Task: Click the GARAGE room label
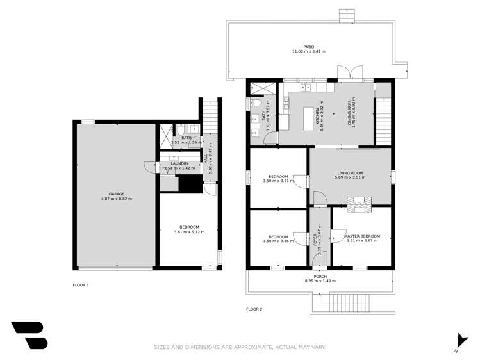click(x=116, y=194)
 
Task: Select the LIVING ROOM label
click(x=350, y=172)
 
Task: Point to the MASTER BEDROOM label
click(x=361, y=236)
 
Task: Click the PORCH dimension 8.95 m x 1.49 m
click(x=320, y=281)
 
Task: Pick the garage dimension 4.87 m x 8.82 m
click(x=116, y=199)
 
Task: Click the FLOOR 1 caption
click(x=81, y=284)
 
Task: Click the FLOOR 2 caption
click(x=254, y=309)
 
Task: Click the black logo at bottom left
click(x=29, y=335)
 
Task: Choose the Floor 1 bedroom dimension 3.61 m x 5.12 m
click(x=189, y=232)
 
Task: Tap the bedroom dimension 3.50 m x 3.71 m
click(x=278, y=181)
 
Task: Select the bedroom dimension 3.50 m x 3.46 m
click(x=278, y=241)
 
